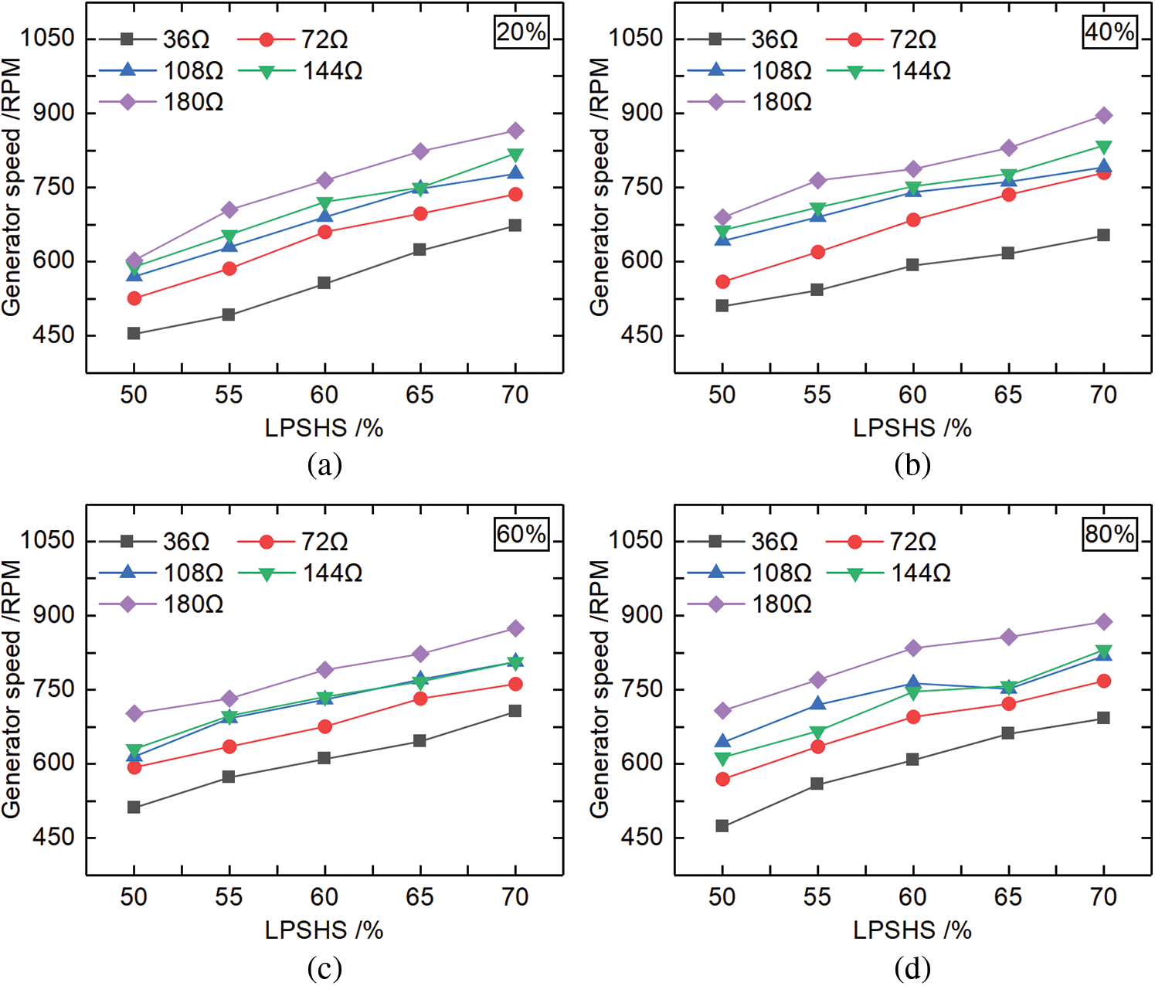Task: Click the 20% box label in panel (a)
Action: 521,32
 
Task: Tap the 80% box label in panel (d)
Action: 1110,535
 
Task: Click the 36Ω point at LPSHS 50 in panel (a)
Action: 134,334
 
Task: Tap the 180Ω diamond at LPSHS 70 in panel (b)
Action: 1104,116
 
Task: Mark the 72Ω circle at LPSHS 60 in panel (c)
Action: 324,727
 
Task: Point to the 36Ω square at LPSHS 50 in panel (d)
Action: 722,826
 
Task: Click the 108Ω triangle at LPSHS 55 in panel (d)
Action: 817,704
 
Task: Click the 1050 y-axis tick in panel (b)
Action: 635,39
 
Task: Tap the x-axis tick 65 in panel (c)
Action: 420,897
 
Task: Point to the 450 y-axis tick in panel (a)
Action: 53,335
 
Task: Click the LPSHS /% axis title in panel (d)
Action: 912,930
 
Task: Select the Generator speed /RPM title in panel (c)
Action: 12,689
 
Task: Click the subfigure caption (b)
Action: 912,465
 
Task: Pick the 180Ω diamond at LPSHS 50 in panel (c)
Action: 134,713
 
